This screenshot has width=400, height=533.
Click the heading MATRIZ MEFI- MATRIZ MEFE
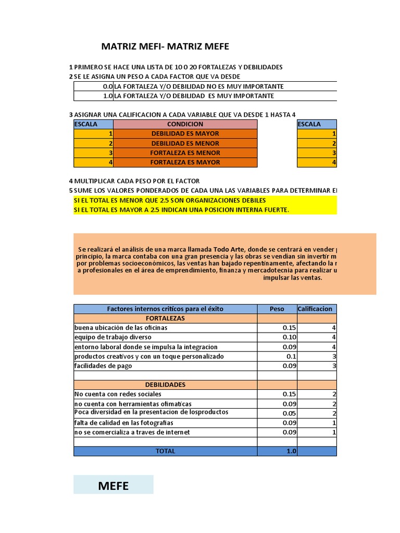pos(165,47)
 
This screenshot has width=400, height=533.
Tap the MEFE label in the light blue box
pos(113,486)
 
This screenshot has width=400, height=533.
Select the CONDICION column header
pos(185,124)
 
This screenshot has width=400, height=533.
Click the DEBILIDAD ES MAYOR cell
pos(185,134)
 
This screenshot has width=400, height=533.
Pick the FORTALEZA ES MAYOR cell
pos(185,162)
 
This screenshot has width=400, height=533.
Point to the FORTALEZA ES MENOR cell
pos(185,153)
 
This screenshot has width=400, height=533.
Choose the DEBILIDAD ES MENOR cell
pos(185,143)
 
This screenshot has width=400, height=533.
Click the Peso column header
pos(277,309)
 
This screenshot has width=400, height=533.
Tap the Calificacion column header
pos(315,309)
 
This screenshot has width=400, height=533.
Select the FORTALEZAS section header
pos(165,318)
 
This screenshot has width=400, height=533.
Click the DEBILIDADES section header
pos(165,385)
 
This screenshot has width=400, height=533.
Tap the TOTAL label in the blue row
pos(165,451)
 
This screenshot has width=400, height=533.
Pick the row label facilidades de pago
pos(103,366)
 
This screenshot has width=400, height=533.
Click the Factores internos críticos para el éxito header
pos(165,309)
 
